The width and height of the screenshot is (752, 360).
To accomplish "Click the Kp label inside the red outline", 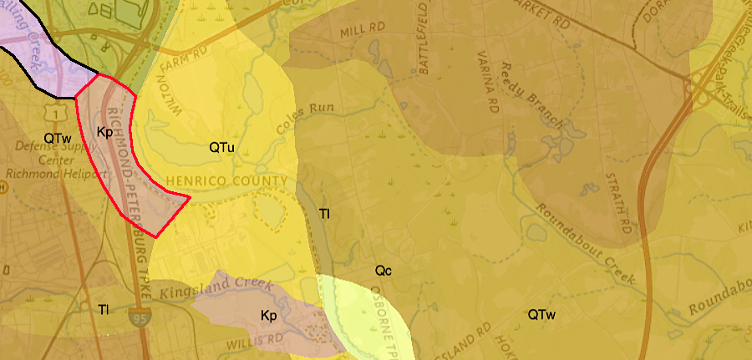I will click(104, 132).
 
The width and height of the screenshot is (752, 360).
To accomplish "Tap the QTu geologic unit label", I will click(221, 147).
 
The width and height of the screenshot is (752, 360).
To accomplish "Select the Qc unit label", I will click(384, 271).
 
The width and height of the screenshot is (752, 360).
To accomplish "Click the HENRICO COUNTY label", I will click(226, 181).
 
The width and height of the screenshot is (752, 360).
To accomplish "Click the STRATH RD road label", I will click(619, 204).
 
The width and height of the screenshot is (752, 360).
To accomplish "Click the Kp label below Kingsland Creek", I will click(268, 316).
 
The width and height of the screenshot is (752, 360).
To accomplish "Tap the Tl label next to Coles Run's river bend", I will click(325, 214).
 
